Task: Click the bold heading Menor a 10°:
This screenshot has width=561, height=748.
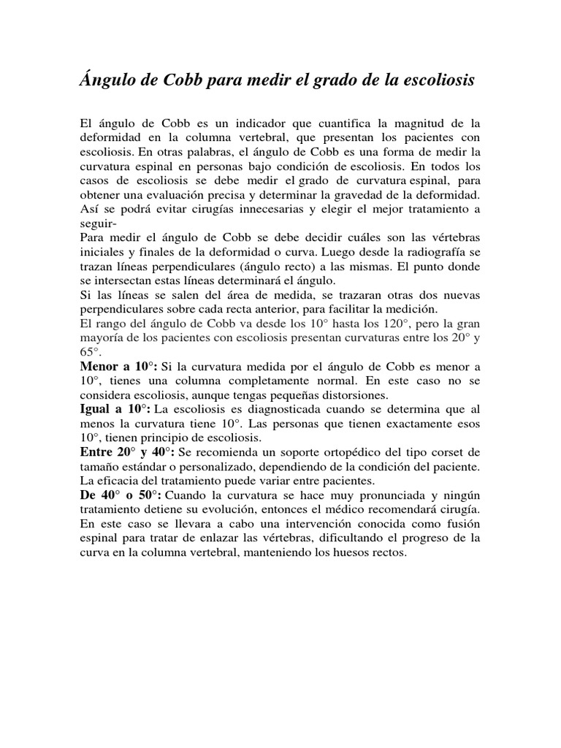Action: point(117,366)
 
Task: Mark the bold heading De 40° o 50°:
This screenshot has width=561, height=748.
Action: point(121,495)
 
